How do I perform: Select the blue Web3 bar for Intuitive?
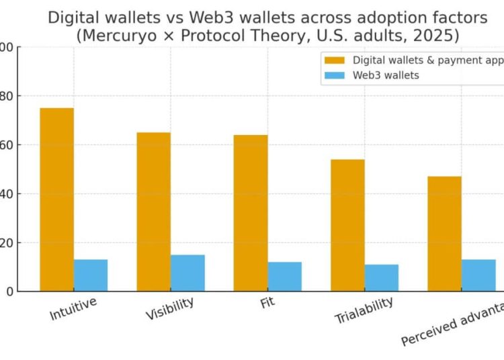tap(91, 275)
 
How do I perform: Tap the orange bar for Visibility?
tap(153, 212)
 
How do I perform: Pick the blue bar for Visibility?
tap(187, 273)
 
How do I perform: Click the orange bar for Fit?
tap(251, 213)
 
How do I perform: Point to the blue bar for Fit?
tap(284, 277)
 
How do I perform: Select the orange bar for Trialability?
tap(347, 225)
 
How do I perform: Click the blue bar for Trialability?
tap(381, 277)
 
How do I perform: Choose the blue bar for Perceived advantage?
tap(478, 275)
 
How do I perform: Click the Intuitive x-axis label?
tap(73, 308)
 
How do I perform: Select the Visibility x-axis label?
tap(170, 309)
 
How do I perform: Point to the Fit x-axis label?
tap(267, 302)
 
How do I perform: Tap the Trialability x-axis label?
tap(364, 311)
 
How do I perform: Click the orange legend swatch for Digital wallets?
tap(334, 60)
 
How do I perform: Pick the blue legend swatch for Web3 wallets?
tap(334, 75)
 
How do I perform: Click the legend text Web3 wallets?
tap(386, 75)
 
